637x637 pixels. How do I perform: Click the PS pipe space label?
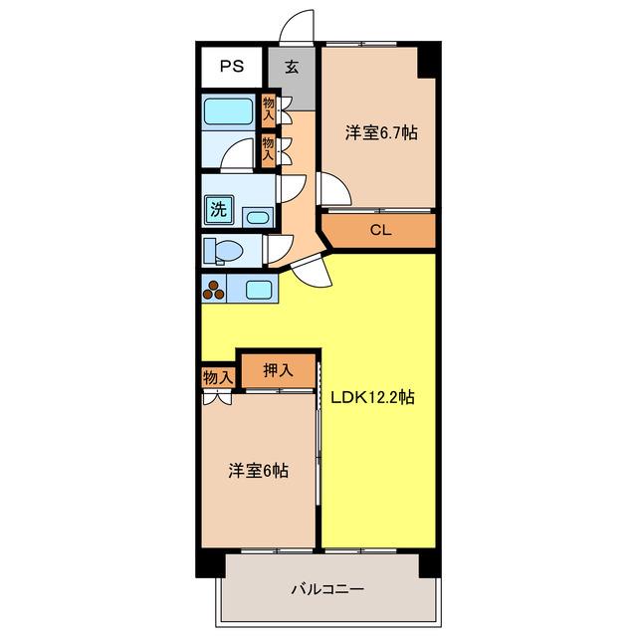tap(232, 66)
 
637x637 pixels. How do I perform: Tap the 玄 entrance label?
tap(292, 67)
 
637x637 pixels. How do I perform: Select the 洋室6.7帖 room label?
tap(381, 132)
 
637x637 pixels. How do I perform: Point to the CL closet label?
tap(380, 230)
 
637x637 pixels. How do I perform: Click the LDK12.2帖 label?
tap(372, 397)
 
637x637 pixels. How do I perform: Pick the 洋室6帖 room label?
tap(259, 471)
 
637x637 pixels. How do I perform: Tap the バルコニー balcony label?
tap(327, 588)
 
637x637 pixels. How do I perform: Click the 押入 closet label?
tap(278, 370)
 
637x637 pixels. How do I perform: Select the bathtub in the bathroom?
tap(228, 110)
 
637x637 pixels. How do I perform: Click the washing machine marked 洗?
tap(219, 209)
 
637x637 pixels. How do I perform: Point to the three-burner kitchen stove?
tap(214, 289)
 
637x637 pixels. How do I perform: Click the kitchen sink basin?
tap(259, 290)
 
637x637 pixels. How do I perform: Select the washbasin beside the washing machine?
tap(258, 217)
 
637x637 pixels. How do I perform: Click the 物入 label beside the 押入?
tap(218, 378)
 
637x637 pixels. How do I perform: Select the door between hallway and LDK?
tap(312, 272)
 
